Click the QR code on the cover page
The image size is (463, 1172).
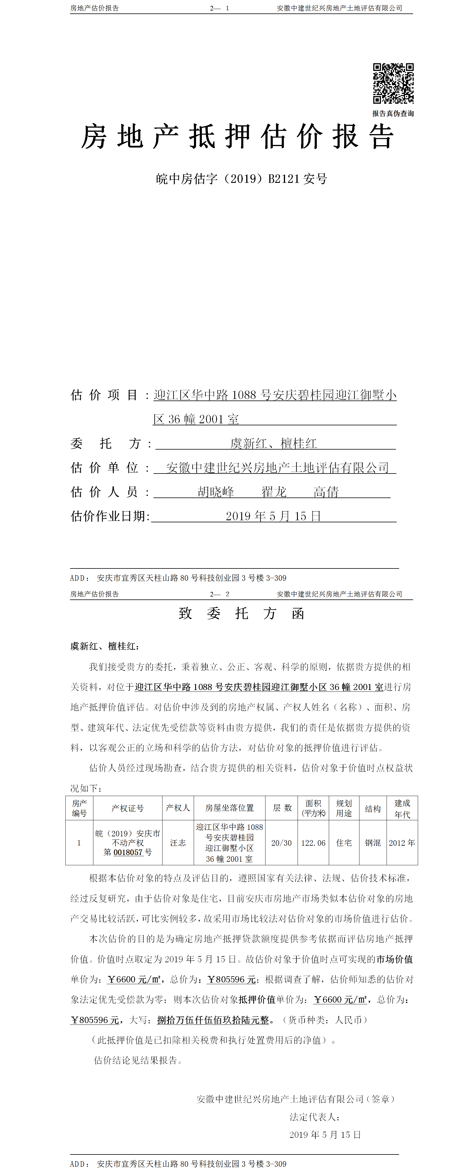[x=393, y=83]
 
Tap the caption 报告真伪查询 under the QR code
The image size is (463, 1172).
[x=393, y=113]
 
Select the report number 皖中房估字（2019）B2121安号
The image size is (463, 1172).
[x=241, y=179]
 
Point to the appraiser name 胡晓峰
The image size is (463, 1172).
[x=216, y=492]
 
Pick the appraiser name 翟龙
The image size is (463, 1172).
[x=274, y=492]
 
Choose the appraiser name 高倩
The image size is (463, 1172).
[x=326, y=492]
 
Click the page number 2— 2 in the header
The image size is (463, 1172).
[x=219, y=594]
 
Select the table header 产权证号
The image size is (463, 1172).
[x=128, y=808]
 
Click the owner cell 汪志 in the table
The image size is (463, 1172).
[x=178, y=842]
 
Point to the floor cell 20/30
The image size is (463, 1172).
[x=281, y=842]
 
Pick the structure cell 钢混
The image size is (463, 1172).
[x=373, y=842]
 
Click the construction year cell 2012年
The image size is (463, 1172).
[x=402, y=842]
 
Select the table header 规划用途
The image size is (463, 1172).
[x=344, y=808]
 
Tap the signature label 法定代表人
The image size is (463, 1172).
[x=315, y=1116]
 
